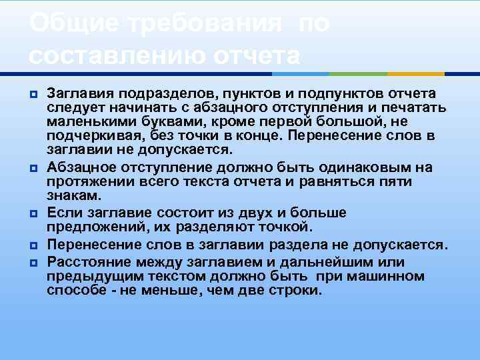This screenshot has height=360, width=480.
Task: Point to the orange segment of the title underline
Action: point(416,74)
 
